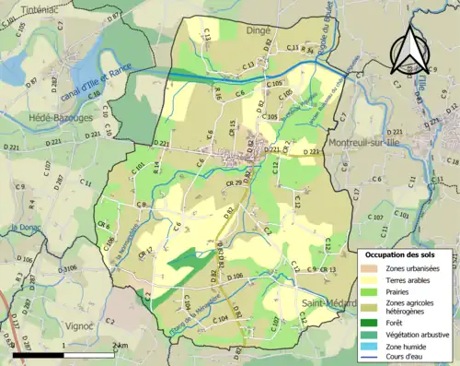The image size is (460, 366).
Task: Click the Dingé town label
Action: [257, 30]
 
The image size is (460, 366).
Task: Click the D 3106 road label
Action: [63, 267]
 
